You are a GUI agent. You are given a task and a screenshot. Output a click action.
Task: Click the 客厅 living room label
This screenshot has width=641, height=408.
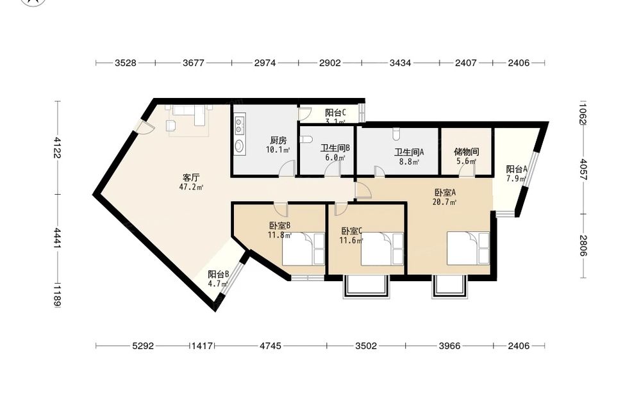coord(191,177)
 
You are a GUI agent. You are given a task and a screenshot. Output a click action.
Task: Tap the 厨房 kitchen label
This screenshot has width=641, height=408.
coord(278,140)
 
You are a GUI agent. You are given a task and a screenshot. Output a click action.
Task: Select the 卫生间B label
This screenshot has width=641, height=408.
coord(335,148)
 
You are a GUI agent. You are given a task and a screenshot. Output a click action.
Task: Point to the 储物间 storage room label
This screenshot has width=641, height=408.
coord(467,152)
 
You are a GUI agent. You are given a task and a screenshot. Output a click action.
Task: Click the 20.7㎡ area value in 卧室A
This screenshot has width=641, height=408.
coord(445,202)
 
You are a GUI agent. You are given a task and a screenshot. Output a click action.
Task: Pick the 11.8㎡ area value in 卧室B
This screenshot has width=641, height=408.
coord(279,235)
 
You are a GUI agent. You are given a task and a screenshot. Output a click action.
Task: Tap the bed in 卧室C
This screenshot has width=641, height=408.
coord(382,249)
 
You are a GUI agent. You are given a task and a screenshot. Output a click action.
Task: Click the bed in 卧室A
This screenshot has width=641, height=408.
coord(468,249)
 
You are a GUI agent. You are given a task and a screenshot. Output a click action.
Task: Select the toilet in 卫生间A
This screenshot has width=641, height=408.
coord(395,134)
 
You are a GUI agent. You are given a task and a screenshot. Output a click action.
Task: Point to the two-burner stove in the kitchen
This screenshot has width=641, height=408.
coord(240,126)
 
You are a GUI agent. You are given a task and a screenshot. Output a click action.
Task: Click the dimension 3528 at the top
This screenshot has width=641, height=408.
coord(126,63)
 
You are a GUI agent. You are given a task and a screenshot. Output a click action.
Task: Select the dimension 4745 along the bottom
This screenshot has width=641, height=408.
coord(271,346)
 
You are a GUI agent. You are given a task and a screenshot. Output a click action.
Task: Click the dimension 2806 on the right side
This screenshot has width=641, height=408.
coord(583,245)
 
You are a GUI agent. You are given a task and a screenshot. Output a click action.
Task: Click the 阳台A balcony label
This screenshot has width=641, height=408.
coord(517,169)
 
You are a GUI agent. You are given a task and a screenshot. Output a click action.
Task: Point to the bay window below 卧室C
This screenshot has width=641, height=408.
coord(366,287)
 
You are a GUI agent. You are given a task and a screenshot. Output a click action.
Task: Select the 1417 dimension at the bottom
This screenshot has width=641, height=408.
coord(203,346)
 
